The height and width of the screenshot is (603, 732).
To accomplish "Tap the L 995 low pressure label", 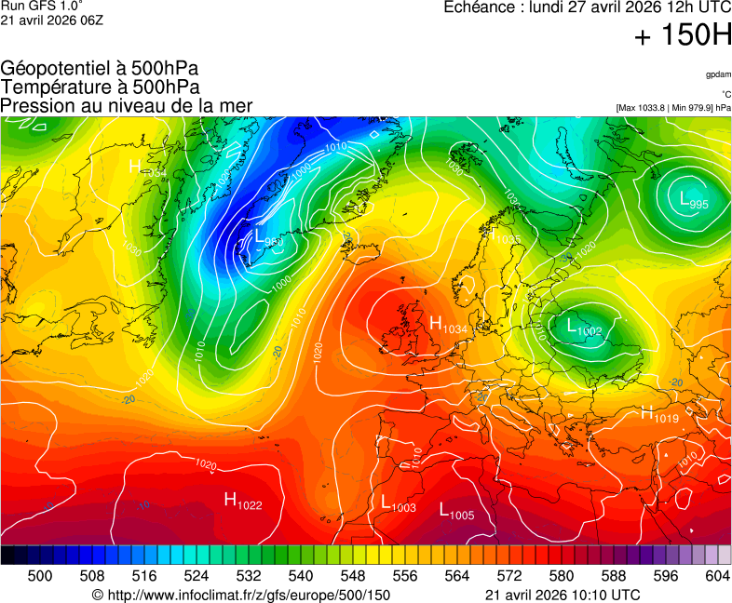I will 694,200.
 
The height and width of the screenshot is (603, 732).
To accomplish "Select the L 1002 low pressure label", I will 585,327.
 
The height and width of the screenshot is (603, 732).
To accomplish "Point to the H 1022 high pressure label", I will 243,502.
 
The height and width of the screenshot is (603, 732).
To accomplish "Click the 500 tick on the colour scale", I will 39,576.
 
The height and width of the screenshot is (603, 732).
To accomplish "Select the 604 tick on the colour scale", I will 717,576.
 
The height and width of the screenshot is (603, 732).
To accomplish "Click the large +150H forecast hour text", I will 682,35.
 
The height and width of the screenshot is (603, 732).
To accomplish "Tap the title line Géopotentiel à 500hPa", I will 100,69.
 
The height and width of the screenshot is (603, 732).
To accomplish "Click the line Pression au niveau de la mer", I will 127,106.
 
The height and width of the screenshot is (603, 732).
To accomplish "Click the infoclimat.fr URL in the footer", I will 241,595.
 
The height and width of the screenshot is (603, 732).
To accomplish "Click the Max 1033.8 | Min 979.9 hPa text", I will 672,108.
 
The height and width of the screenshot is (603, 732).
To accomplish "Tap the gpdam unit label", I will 717,74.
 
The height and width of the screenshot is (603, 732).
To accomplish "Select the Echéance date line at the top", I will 587,7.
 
